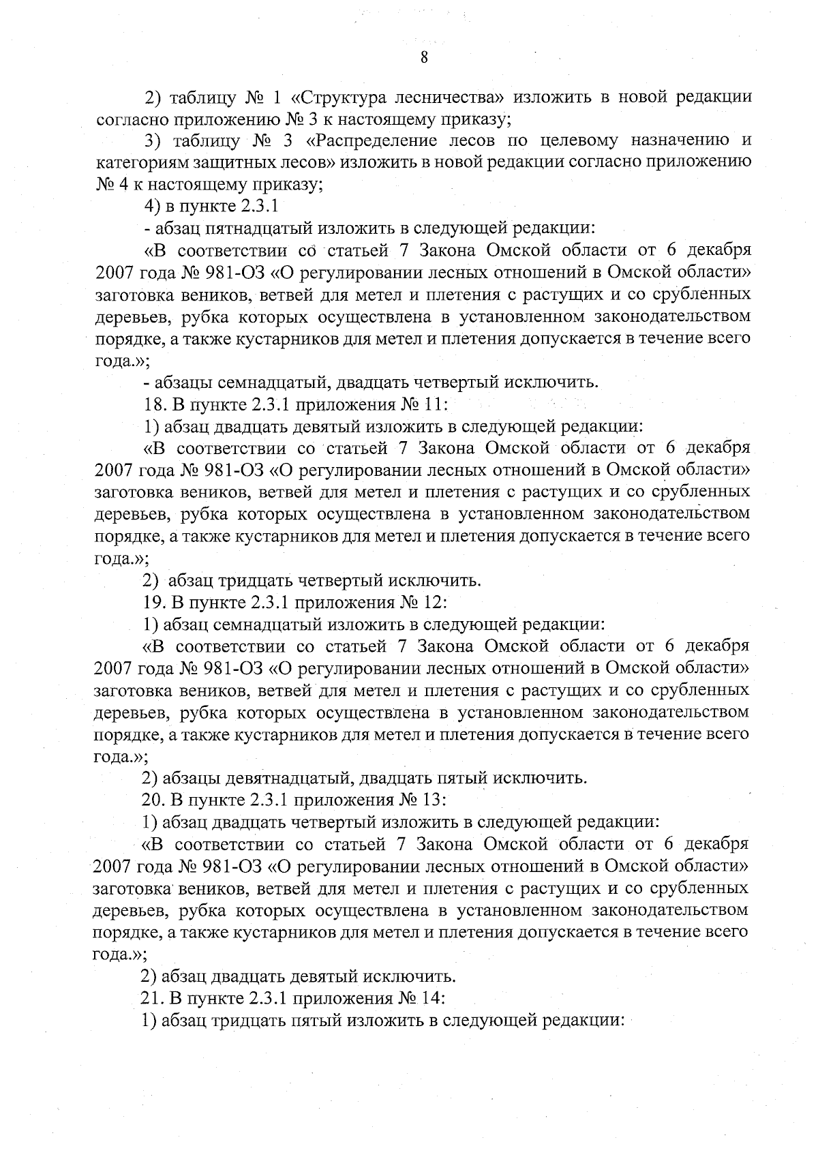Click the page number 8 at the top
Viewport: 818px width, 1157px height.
423,58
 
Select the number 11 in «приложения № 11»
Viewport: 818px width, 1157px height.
435,404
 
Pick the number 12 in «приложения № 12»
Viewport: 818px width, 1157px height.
435,603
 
